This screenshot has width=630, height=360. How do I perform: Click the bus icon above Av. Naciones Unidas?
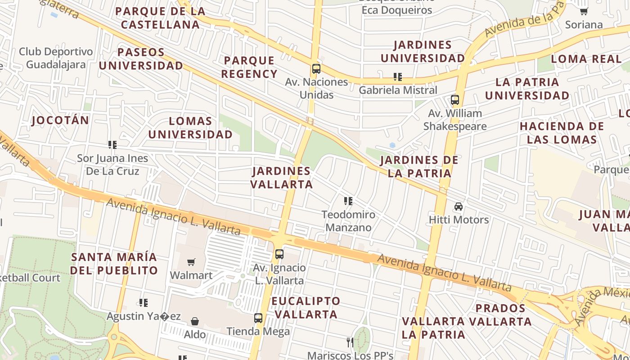(x=316, y=69)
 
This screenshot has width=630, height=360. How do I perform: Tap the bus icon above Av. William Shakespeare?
(x=455, y=100)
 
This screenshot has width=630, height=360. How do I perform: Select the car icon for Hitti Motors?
(x=459, y=207)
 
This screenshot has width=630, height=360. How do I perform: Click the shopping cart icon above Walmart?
(x=191, y=262)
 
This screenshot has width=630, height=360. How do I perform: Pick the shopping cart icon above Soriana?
(x=584, y=11)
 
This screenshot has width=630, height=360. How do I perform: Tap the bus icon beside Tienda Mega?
(x=258, y=318)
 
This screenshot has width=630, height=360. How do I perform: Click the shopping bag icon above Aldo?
(x=195, y=321)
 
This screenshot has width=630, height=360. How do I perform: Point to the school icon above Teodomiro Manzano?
(x=348, y=201)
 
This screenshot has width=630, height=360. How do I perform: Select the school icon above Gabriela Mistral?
(x=397, y=77)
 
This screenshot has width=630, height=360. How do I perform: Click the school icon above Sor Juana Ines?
(x=112, y=145)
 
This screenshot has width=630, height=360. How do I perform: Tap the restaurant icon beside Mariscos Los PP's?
(x=350, y=342)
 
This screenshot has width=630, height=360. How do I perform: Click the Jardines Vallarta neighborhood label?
(x=281, y=178)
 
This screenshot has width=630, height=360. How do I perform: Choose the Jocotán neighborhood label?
(x=60, y=121)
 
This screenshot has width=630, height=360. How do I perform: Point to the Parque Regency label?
(x=249, y=67)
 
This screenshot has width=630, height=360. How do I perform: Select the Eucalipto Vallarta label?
(x=306, y=308)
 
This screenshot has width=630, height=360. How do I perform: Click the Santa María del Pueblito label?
(x=114, y=264)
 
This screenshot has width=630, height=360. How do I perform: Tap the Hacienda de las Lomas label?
(x=562, y=133)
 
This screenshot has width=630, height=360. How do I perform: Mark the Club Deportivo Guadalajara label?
(x=56, y=58)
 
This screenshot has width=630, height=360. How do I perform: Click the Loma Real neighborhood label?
(x=586, y=58)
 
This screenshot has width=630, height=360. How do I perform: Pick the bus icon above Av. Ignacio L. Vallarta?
(x=279, y=254)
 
